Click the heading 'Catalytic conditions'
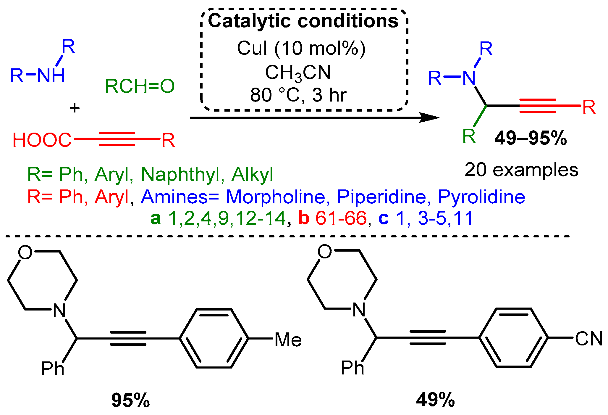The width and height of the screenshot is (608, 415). point(303,21)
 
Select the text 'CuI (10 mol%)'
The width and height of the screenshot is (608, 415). point(301,48)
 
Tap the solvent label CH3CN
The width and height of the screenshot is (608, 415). point(297,73)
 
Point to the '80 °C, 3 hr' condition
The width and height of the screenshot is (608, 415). point(298,95)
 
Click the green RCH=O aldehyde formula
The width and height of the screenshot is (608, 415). point(140,86)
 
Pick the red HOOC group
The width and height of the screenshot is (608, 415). point(42,140)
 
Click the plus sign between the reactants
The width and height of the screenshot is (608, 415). point(75,108)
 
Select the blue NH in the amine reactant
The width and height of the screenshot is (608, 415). point(51,76)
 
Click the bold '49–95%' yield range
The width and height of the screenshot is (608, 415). point(531,138)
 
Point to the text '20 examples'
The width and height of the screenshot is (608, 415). point(521,170)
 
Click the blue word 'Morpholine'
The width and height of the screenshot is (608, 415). point(275,197)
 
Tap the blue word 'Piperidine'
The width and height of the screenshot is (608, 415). point(381,197)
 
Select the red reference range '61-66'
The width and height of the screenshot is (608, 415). point(341,218)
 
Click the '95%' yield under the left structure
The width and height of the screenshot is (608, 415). point(130,400)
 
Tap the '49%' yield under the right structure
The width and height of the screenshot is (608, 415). point(435,400)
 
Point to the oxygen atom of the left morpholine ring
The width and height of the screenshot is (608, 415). point(25,252)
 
